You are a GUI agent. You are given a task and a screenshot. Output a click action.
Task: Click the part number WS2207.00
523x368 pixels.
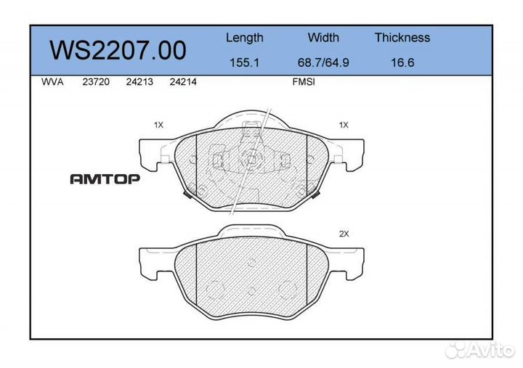(117, 50)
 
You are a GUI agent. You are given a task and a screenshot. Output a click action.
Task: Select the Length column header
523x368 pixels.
(245, 38)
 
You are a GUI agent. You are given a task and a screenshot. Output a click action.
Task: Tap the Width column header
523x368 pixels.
(323, 38)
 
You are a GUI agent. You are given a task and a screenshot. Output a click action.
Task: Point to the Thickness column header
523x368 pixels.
(402, 38)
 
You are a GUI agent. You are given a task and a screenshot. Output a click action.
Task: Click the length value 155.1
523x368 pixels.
(245, 62)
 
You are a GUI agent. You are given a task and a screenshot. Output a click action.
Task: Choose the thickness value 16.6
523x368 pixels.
(402, 62)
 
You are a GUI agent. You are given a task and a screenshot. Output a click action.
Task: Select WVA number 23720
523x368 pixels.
(96, 82)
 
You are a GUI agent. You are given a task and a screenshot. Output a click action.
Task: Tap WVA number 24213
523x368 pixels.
(139, 82)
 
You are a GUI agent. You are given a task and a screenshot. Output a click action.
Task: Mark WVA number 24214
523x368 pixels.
(182, 82)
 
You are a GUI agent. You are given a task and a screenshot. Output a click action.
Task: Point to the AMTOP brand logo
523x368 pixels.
(105, 179)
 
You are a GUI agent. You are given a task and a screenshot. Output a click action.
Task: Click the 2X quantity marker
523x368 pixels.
(344, 234)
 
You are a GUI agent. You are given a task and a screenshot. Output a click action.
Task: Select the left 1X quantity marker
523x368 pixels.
(159, 125)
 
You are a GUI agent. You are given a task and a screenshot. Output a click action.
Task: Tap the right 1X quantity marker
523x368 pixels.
(344, 125)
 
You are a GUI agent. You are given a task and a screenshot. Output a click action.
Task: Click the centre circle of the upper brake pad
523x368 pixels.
(251, 160)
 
